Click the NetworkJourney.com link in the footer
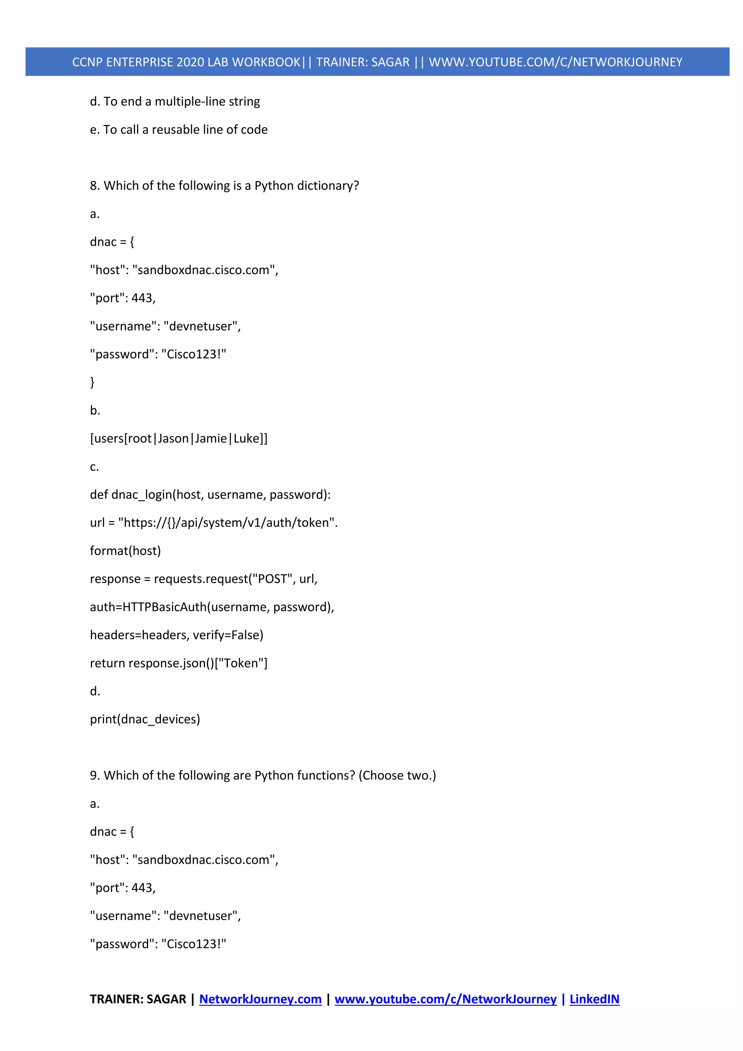point(260,999)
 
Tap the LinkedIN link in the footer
point(594,999)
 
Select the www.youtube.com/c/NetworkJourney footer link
point(445,999)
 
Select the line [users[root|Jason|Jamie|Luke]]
point(179,438)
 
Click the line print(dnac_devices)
point(145,719)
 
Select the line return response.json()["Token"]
point(179,663)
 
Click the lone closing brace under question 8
point(93,382)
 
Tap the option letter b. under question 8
point(95,410)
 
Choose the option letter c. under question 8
point(94,467)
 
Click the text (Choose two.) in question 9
point(397,776)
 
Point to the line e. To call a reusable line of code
point(179,130)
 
